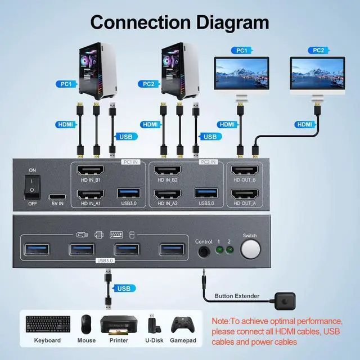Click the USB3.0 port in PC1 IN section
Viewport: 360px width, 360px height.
coord(128,193)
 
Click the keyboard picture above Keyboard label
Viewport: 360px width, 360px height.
coord(48,323)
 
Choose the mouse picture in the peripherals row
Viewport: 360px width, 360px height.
coord(86,323)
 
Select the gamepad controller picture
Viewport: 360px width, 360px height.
coord(181,325)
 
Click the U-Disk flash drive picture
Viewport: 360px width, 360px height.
coord(152,324)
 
